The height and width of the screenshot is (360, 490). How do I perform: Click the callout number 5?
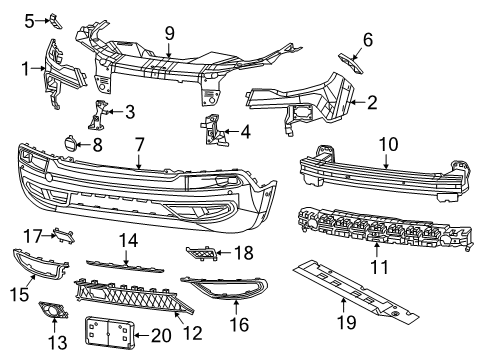point(29,19)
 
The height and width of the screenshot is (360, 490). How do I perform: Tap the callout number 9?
point(169,33)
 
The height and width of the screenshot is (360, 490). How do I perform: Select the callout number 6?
point(367,39)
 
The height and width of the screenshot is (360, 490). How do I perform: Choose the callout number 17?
point(33,237)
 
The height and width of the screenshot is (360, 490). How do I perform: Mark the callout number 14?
point(127,241)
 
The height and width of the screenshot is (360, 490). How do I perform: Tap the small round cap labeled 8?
point(72,144)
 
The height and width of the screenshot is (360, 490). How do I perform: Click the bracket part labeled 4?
point(212,131)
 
